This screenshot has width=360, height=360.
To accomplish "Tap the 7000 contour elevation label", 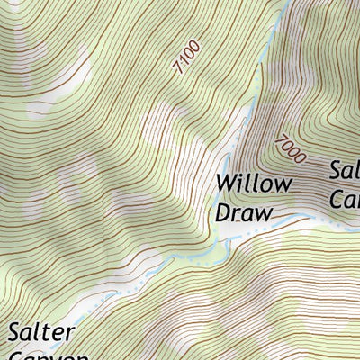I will pyautogui.click(x=290, y=148).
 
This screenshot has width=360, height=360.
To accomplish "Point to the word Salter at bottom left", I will pyautogui.click(x=40, y=332).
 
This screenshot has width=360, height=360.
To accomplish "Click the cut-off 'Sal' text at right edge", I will pyautogui.click(x=345, y=171).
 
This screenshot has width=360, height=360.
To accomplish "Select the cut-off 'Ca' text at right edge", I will pyautogui.click(x=346, y=199).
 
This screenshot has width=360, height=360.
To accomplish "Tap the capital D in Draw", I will pyautogui.click(x=222, y=212).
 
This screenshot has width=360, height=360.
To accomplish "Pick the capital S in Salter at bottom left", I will pyautogui.click(x=15, y=332).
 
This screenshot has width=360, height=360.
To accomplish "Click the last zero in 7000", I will pyautogui.click(x=301, y=157).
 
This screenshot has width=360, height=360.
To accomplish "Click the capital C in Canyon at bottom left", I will pyautogui.click(x=16, y=356).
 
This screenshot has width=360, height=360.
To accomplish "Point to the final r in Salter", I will pyautogui.click(x=69, y=334).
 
